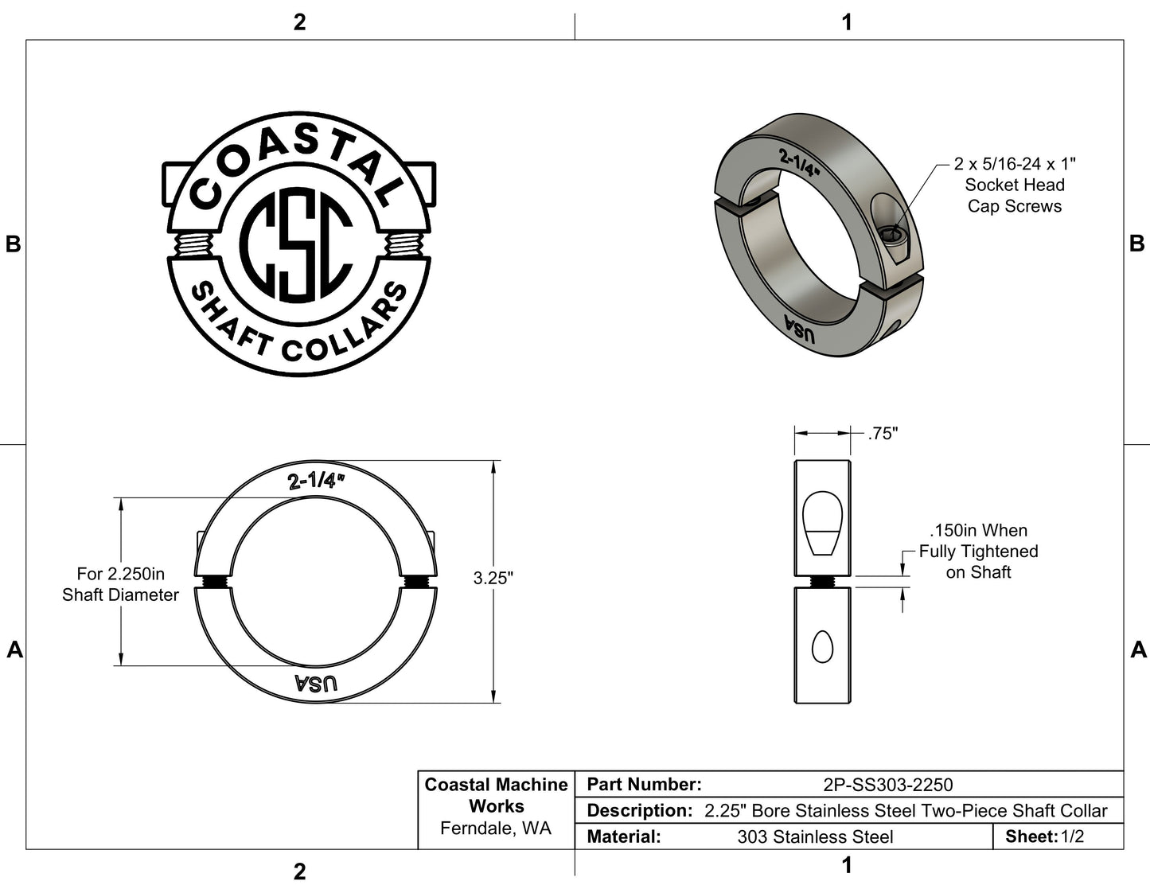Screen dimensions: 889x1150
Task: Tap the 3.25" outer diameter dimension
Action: tap(493, 579)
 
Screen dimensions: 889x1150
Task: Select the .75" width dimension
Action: tap(882, 434)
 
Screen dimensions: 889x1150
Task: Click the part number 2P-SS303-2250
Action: tap(887, 785)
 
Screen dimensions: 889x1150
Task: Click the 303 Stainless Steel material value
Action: tap(815, 836)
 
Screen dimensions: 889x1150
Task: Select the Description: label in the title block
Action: tap(638, 811)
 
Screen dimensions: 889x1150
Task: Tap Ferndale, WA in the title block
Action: tap(496, 829)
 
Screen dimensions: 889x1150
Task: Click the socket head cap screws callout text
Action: tap(1014, 185)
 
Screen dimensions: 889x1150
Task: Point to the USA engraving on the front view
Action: tap(316, 683)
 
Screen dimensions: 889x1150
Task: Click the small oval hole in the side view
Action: tap(822, 649)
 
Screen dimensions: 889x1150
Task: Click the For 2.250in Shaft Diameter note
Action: tap(120, 584)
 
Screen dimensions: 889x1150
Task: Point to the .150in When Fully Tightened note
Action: tap(978, 551)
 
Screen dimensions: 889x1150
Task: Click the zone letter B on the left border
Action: tap(14, 244)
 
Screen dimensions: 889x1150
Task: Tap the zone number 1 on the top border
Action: tap(847, 22)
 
